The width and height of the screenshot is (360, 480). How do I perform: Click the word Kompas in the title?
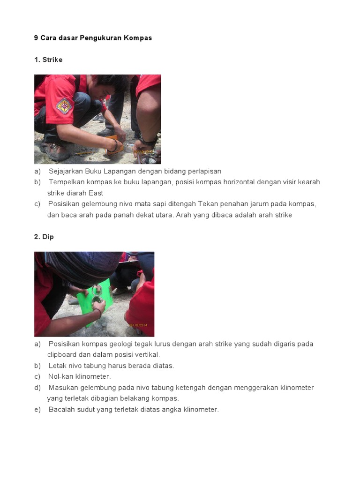pyautogui.click(x=138, y=38)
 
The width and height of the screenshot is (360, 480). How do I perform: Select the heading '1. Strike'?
pyautogui.click(x=48, y=60)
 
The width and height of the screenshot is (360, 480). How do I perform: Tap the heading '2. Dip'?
pyautogui.click(x=44, y=237)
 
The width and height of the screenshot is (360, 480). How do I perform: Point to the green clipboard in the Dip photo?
pyautogui.click(x=95, y=301)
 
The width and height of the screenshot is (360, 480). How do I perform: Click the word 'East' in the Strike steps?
pyautogui.click(x=96, y=193)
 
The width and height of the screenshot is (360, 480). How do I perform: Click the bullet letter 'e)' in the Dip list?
pyautogui.click(x=37, y=410)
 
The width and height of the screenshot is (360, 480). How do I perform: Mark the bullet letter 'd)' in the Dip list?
pyautogui.click(x=37, y=388)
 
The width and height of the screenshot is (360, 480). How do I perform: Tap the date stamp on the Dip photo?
pyautogui.click(x=138, y=325)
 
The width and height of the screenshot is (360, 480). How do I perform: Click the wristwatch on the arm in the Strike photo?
pyautogui.click(x=148, y=141)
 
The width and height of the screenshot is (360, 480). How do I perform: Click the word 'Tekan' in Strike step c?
pyautogui.click(x=208, y=204)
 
